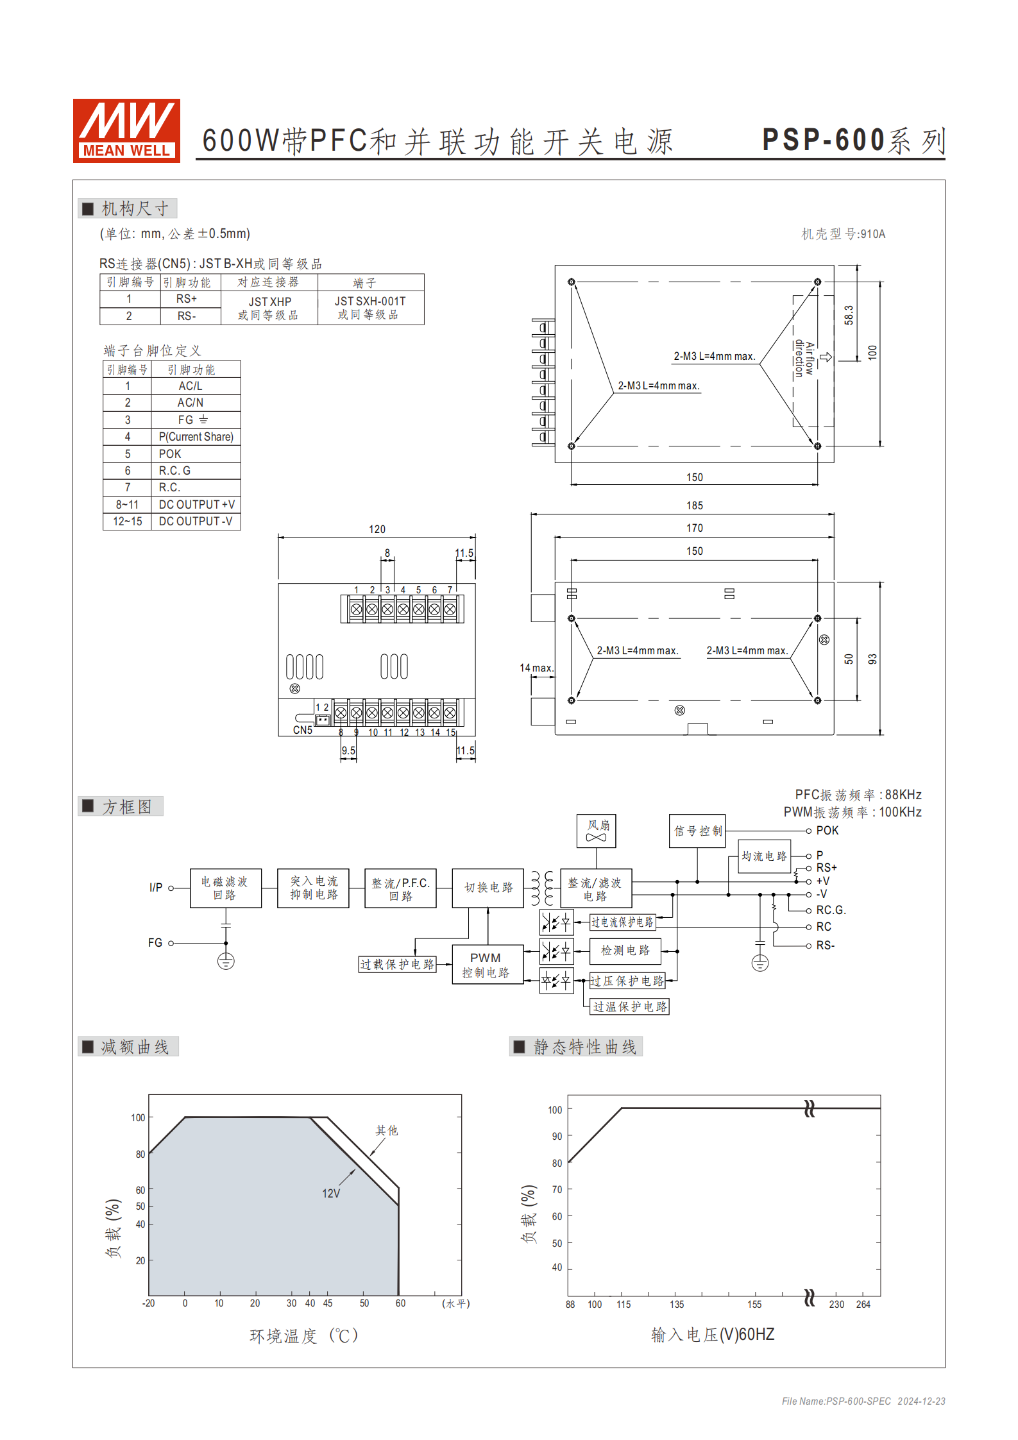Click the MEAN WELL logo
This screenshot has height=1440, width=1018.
pos(126,130)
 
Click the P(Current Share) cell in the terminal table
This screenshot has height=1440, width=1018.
pos(196,437)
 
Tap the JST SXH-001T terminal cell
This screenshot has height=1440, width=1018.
pos(370,308)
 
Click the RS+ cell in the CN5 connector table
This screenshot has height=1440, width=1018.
pos(187,299)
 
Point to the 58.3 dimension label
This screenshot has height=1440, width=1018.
pos(849,315)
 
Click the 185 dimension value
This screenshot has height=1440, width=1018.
pos(694,506)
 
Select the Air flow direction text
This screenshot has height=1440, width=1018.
pos(804,359)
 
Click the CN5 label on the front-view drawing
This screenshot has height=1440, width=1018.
pos(303,730)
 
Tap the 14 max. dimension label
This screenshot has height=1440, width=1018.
pos(536,668)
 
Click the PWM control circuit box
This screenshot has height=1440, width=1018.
pos(486,965)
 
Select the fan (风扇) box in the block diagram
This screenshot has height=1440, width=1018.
pos(596,831)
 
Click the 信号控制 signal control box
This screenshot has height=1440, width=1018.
pos(697,831)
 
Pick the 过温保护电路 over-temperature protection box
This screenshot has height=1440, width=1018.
pos(629,1006)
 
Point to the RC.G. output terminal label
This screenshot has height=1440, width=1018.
pos(831,910)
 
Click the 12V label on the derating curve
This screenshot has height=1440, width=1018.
pos(331,1194)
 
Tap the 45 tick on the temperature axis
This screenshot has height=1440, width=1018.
pos(328,1303)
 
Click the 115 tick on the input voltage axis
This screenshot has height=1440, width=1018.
pos(624,1305)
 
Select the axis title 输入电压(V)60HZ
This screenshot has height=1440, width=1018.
pos(712,1335)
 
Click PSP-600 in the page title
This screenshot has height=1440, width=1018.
pos(823,140)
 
